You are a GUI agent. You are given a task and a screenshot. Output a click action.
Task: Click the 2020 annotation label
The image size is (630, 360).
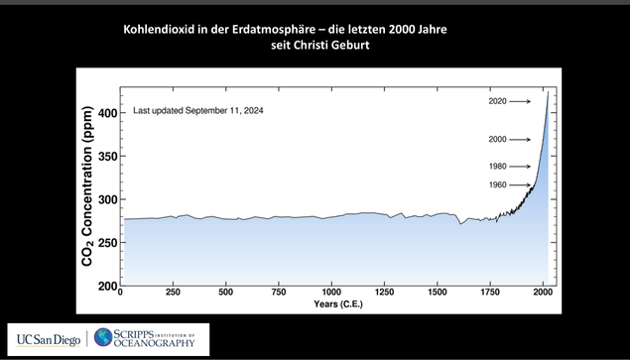[x=498, y=101]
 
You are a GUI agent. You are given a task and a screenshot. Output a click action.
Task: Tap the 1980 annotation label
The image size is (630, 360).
[x=498, y=166]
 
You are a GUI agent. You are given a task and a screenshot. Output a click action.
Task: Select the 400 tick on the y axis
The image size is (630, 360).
[x=105, y=114]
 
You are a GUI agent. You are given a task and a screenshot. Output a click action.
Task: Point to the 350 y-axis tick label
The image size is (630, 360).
[x=105, y=157]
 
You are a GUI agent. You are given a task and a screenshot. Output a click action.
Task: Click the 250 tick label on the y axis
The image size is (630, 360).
[x=105, y=243]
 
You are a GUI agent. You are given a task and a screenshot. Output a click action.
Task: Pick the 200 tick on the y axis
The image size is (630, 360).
[x=105, y=286]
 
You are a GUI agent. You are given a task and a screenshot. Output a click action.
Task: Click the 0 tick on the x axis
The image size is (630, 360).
[x=120, y=295]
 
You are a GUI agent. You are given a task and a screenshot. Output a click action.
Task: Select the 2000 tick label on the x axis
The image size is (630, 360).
[x=543, y=295]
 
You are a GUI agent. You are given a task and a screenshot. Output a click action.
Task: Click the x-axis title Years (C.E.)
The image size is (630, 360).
[x=333, y=306]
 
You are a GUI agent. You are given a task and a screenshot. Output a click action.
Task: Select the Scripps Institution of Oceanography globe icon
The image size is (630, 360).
[x=104, y=338]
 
